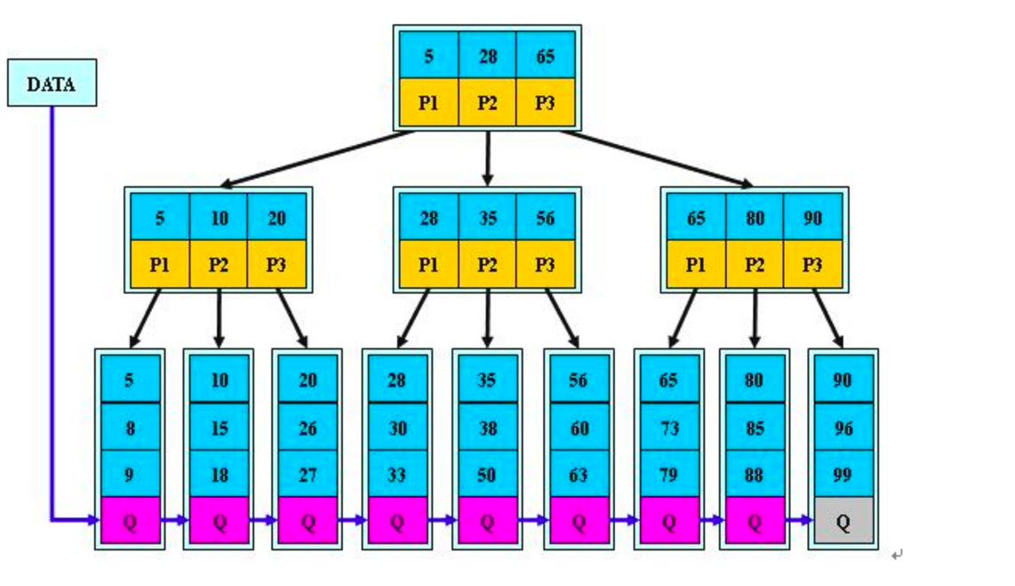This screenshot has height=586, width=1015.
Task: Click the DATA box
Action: click(x=52, y=84)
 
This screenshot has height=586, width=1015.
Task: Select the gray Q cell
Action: click(x=843, y=521)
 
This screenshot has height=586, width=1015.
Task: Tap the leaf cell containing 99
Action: click(x=843, y=475)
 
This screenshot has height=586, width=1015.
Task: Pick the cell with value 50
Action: click(x=486, y=475)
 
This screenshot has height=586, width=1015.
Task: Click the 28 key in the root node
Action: click(x=487, y=56)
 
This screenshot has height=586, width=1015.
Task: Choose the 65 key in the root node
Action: click(x=545, y=56)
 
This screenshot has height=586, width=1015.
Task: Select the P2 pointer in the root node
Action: click(x=487, y=102)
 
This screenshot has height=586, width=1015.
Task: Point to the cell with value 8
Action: click(x=130, y=428)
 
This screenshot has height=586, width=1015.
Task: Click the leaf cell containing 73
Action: click(x=668, y=428)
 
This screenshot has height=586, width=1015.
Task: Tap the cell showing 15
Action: click(x=219, y=428)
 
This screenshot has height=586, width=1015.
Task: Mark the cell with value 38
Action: click(x=486, y=428)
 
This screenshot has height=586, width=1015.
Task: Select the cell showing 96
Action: click(x=843, y=428)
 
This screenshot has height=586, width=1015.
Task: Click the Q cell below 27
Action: click(x=308, y=521)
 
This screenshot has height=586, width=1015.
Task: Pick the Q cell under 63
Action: click(x=578, y=521)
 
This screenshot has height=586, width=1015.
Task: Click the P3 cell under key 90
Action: click(x=812, y=264)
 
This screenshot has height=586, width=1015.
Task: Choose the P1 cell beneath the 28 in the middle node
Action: click(x=428, y=264)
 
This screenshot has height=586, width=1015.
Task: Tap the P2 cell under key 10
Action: click(x=219, y=264)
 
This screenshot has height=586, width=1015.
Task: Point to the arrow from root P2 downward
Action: click(x=487, y=158)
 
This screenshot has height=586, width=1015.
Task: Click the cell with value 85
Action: click(x=754, y=428)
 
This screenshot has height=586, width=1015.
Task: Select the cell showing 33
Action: click(x=396, y=475)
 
